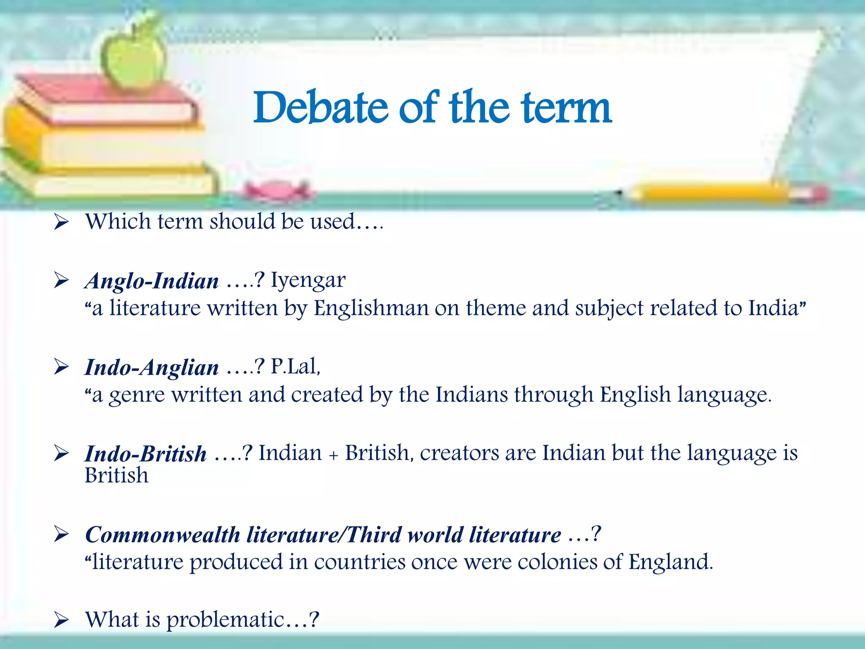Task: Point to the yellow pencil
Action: (x=718, y=194)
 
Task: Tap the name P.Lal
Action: (x=295, y=366)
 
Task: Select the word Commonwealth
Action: (x=163, y=535)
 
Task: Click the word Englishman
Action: (x=371, y=308)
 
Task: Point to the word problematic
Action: (x=226, y=620)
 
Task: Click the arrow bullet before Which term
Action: (x=62, y=222)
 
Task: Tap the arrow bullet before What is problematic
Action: (x=62, y=620)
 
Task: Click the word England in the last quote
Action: (x=669, y=562)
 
